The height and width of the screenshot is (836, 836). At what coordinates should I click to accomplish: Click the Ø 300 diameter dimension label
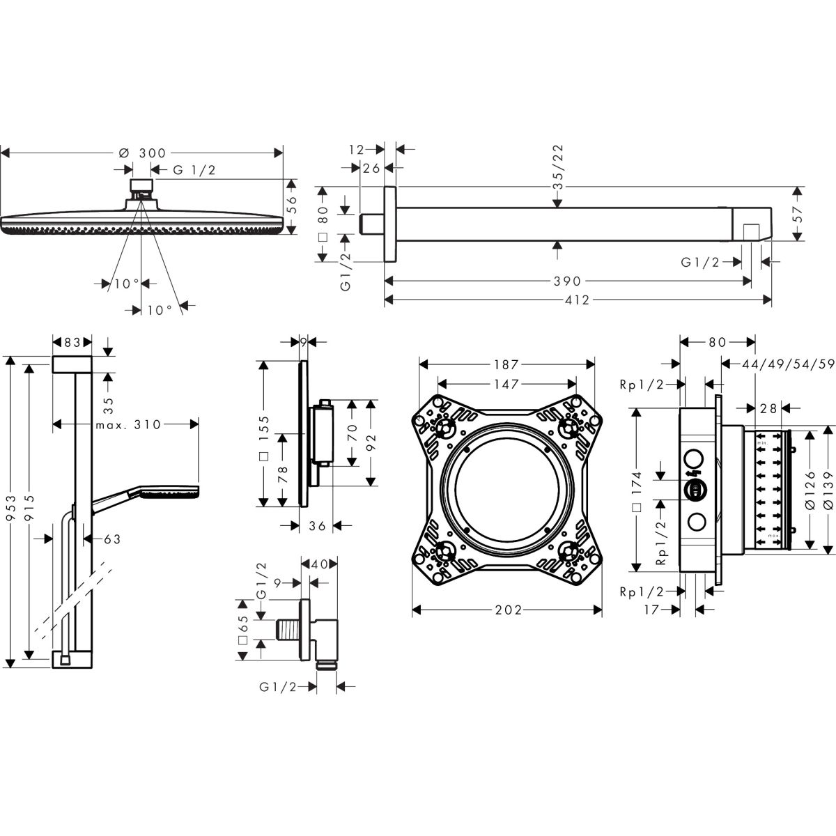click(142, 153)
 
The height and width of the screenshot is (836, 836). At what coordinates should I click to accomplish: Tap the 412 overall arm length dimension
click(578, 300)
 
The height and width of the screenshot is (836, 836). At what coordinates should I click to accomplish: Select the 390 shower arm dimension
click(567, 281)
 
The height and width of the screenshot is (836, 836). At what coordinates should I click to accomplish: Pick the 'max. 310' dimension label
click(128, 424)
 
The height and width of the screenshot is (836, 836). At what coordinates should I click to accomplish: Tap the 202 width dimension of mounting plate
click(509, 610)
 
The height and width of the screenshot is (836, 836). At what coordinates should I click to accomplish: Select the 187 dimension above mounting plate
click(506, 364)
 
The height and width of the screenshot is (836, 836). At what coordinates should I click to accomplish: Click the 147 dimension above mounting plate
click(506, 384)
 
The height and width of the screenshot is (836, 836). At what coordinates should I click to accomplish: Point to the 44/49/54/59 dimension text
click(788, 364)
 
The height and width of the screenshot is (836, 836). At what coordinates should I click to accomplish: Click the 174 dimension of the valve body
click(637, 485)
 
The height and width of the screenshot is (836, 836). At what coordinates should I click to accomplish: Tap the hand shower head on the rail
click(170, 493)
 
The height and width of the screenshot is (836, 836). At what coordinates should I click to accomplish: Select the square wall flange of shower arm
click(390, 224)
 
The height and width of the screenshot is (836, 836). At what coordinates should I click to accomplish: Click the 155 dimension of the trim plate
click(264, 430)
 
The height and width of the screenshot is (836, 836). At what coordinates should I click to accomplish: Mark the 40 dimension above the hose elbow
click(319, 564)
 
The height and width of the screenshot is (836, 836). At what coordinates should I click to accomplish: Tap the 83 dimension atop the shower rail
click(72, 343)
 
